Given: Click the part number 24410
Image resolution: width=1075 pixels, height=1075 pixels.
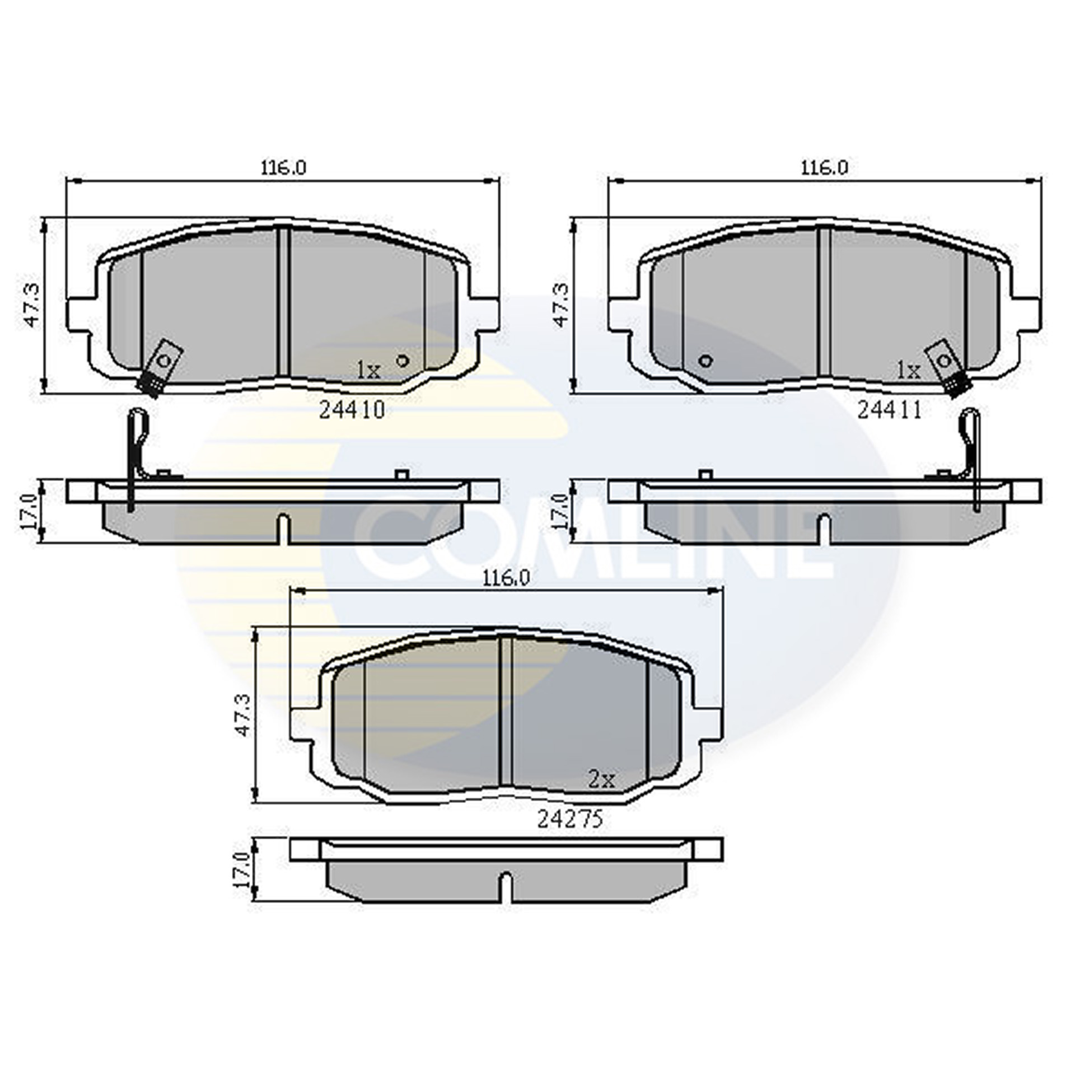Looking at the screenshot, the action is pos(352,410).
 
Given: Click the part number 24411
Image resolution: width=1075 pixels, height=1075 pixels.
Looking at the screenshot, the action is pos(890,410).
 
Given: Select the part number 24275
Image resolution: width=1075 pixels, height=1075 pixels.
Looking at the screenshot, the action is pos(570,820).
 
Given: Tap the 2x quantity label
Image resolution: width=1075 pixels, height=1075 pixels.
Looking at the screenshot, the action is pos(601,779).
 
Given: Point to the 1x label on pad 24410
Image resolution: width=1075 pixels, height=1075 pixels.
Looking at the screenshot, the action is pos(369,370).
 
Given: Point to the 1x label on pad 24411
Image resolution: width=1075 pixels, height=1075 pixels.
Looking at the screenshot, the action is pos(909,370).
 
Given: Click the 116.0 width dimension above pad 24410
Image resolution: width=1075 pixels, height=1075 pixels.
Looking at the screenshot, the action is pos(283,167).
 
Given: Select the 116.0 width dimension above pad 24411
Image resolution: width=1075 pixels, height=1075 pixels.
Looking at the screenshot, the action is pos(825,167).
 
